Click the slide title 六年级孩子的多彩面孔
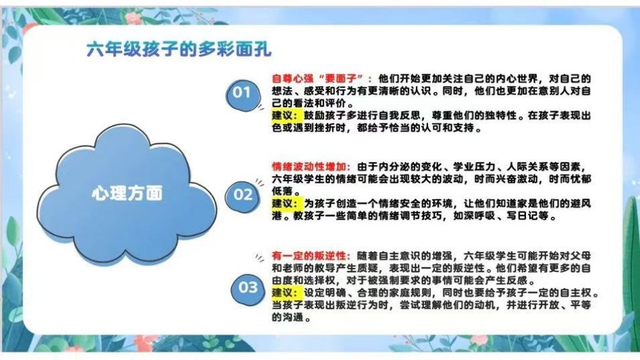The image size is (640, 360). (179, 49)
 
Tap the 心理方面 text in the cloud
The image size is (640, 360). (127, 193)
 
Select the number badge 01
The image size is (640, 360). (242, 93)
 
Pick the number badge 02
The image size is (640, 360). (243, 195)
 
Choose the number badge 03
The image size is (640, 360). (248, 288)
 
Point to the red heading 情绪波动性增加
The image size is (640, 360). (309, 167)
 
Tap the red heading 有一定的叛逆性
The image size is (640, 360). (309, 256)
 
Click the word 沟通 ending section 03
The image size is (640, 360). (293, 317)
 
